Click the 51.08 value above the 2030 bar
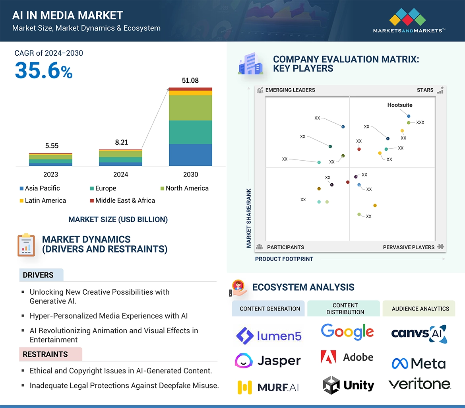tap(190, 81)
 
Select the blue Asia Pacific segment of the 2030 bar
tap(190, 155)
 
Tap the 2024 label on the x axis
tap(121, 175)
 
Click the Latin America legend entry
tap(43, 200)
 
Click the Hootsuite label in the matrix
tap(400, 105)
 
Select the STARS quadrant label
tap(425, 90)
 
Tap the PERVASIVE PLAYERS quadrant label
tap(409, 247)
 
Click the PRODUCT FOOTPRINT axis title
tap(284, 259)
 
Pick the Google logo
tap(347, 332)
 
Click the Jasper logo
tap(267, 361)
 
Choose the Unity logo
tap(349, 385)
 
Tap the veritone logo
tap(419, 384)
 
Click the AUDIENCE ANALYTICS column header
tap(420, 309)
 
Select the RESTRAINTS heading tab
tap(45, 354)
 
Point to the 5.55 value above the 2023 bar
tap(52, 146)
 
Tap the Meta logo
tap(418, 363)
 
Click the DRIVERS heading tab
tap(38, 275)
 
